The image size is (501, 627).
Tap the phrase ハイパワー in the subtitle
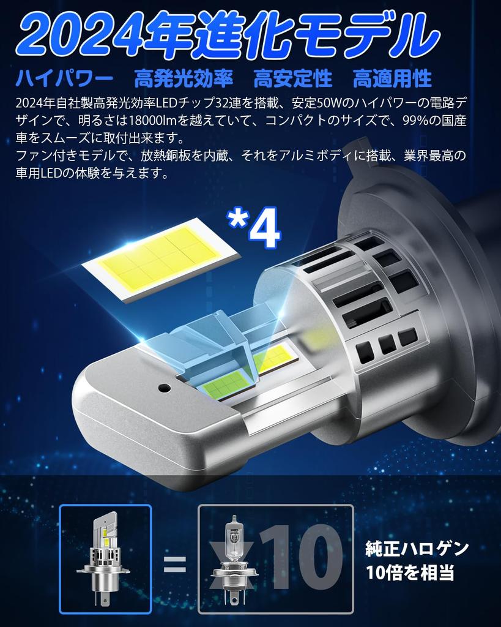(64, 78)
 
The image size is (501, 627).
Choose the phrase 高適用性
(392, 78)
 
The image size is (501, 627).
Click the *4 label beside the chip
(253, 228)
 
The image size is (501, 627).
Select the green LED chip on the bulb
(226, 384)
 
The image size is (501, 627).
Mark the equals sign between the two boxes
(174, 563)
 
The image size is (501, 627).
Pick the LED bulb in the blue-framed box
(105, 557)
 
